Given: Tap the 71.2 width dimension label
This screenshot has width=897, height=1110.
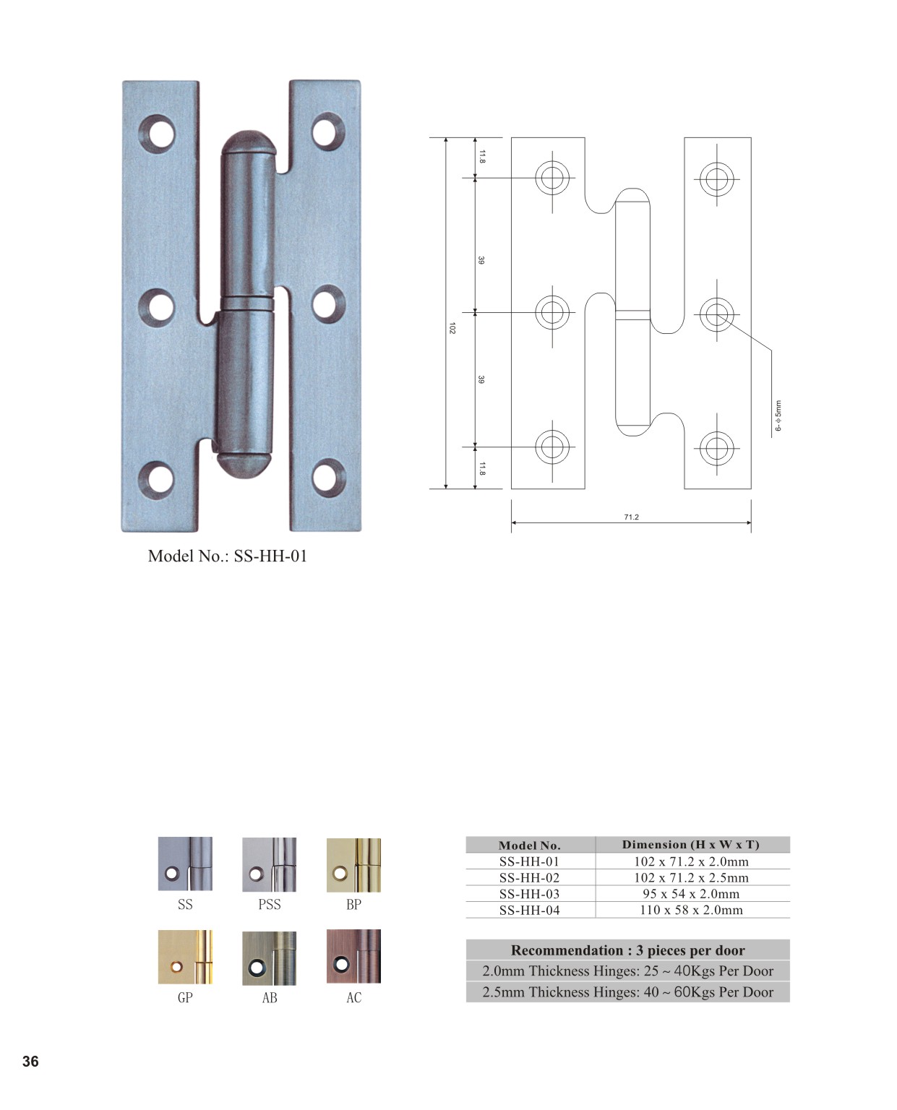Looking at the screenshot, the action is tap(631, 517).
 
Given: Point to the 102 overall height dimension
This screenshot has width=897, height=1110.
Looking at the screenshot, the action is tap(452, 328).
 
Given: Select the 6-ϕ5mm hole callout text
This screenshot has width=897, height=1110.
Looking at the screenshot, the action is tap(778, 416).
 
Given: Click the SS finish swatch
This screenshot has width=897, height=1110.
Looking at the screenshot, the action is tap(185, 864).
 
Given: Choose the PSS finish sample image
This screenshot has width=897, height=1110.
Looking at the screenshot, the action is tap(269, 864).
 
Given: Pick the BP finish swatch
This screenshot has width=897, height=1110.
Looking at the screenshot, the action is tap(353, 864).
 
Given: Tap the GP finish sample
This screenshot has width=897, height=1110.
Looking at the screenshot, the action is tap(185, 957).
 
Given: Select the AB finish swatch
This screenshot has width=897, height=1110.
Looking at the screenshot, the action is tap(269, 958).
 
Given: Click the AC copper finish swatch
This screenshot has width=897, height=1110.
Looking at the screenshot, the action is tap(353, 956).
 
